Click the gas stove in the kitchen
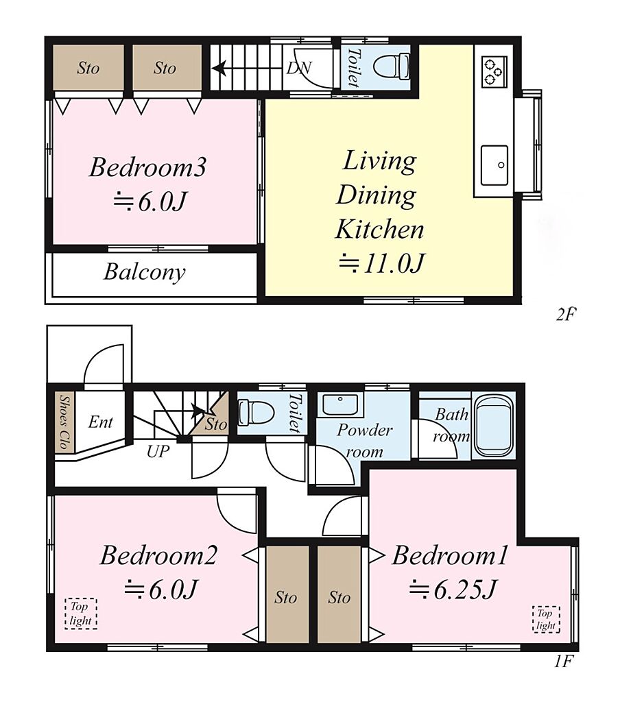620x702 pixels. [x=494, y=71]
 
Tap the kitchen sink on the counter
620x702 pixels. [x=494, y=165]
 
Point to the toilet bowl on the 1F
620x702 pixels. [x=256, y=412]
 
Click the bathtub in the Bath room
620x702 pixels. [x=492, y=426]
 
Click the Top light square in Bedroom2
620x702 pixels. [x=81, y=614]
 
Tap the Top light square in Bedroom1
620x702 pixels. [x=546, y=619]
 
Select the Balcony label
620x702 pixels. [x=144, y=272]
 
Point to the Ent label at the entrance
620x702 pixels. [x=100, y=422]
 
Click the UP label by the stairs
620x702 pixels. [x=158, y=451]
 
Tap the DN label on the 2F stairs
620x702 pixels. [x=299, y=68]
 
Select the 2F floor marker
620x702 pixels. [x=565, y=315]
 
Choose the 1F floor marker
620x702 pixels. [x=564, y=661]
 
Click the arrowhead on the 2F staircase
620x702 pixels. [x=219, y=69]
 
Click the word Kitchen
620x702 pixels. [x=379, y=229]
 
